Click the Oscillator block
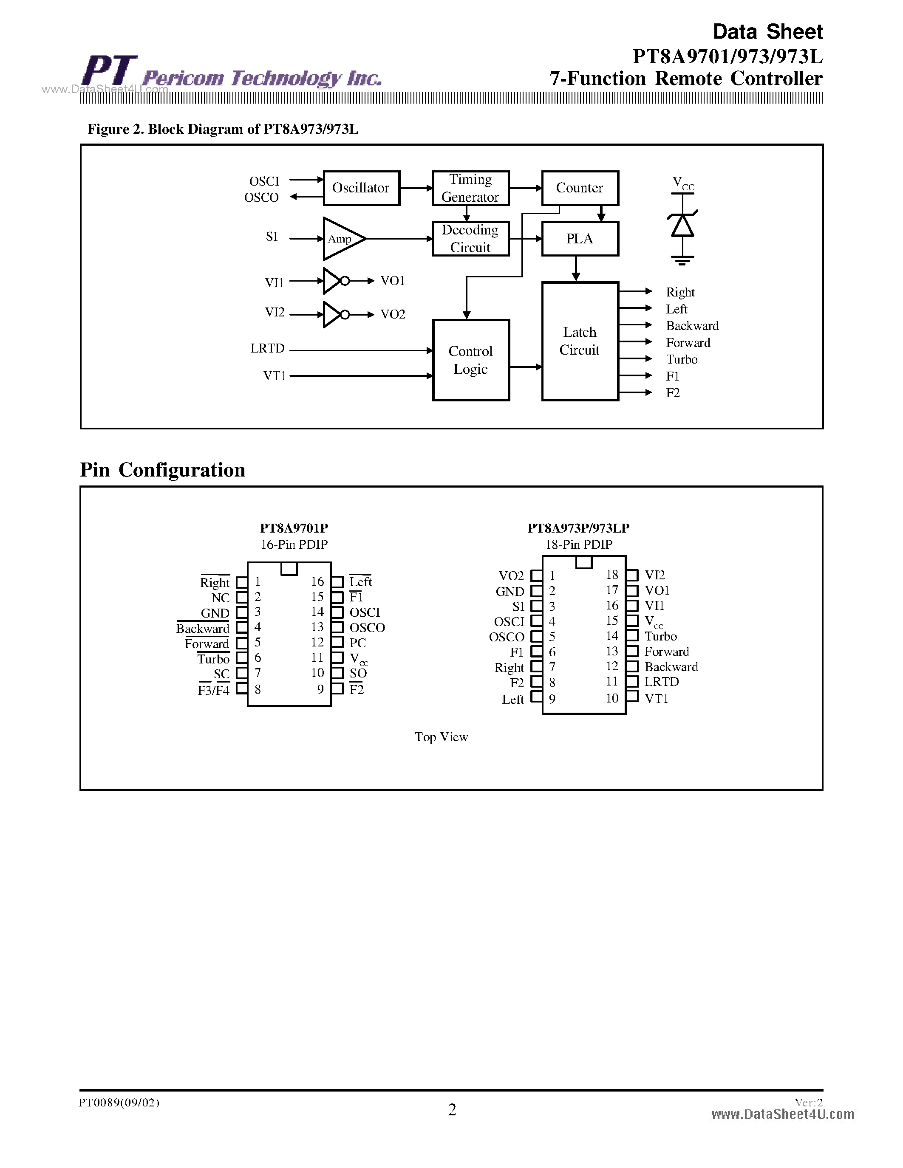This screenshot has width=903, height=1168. [362, 188]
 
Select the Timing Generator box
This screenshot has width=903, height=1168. [471, 188]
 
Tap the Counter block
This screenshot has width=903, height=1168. [580, 188]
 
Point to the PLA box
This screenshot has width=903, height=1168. [580, 239]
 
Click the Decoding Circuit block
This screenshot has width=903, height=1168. [471, 239]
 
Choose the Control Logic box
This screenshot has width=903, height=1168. [471, 360]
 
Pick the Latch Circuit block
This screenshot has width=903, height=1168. [580, 341]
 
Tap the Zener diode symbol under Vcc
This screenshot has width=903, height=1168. [682, 225]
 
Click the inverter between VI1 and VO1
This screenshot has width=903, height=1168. [334, 281]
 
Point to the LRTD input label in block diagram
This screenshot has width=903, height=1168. [267, 349]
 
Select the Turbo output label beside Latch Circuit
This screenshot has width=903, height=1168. [682, 359]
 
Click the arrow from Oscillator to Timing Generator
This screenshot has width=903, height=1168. [416, 188]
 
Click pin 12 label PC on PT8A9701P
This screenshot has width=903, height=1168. [357, 643]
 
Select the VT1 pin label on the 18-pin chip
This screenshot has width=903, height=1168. [657, 698]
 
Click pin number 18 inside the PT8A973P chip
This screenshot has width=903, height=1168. [612, 575]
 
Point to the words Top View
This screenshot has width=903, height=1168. [442, 737]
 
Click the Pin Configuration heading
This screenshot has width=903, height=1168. [163, 470]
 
